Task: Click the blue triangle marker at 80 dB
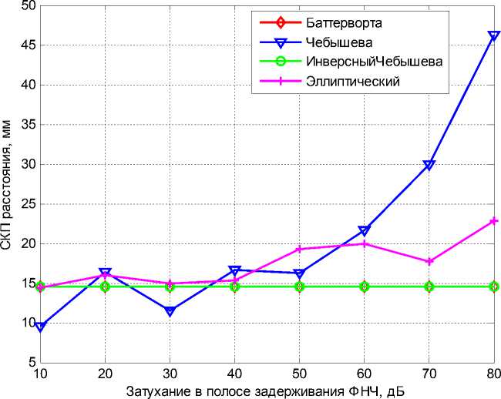pos(493,35)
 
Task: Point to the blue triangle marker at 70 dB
pos(429,165)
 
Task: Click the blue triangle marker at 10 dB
pos(40,327)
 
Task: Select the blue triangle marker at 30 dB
pos(170,311)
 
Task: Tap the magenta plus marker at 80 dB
pos(493,221)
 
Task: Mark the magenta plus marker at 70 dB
pos(429,262)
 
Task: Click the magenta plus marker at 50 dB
pos(299,249)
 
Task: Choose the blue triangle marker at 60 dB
pos(364,230)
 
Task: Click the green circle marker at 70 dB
pos(429,287)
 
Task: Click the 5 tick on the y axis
pos(31,362)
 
